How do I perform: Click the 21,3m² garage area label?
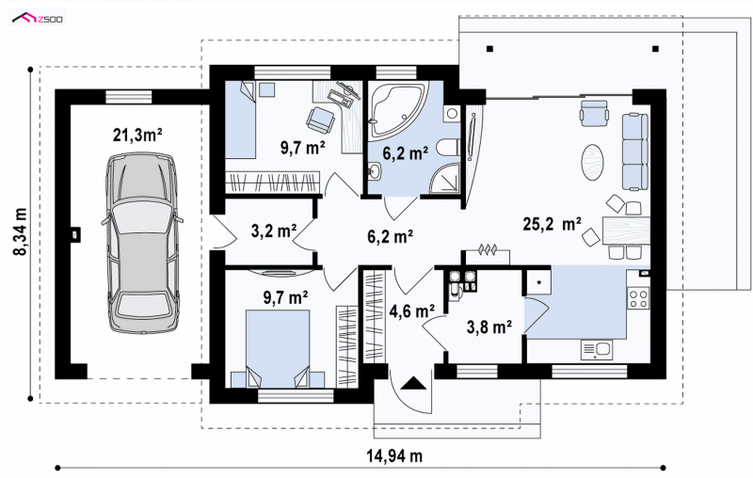click(x=137, y=135)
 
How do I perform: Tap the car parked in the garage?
click(x=142, y=244)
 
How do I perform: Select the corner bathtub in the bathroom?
click(x=398, y=109)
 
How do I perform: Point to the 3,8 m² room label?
click(x=489, y=327)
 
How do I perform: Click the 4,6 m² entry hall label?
click(x=412, y=311)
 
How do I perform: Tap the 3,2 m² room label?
click(x=274, y=231)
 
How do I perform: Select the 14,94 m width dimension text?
click(x=394, y=455)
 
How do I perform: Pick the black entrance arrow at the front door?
click(x=413, y=383)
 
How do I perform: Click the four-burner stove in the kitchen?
click(x=639, y=297)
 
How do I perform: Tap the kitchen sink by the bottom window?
click(x=597, y=349)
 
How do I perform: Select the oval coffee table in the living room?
click(x=592, y=162)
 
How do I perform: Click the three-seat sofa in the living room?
click(x=636, y=151)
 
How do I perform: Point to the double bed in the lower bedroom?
click(x=278, y=348)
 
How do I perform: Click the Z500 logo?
click(x=38, y=19)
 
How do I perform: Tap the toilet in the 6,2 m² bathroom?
click(x=449, y=148)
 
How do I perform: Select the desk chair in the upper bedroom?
click(x=320, y=119)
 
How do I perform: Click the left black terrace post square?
click(x=489, y=49)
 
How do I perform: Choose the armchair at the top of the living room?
click(x=594, y=114)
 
